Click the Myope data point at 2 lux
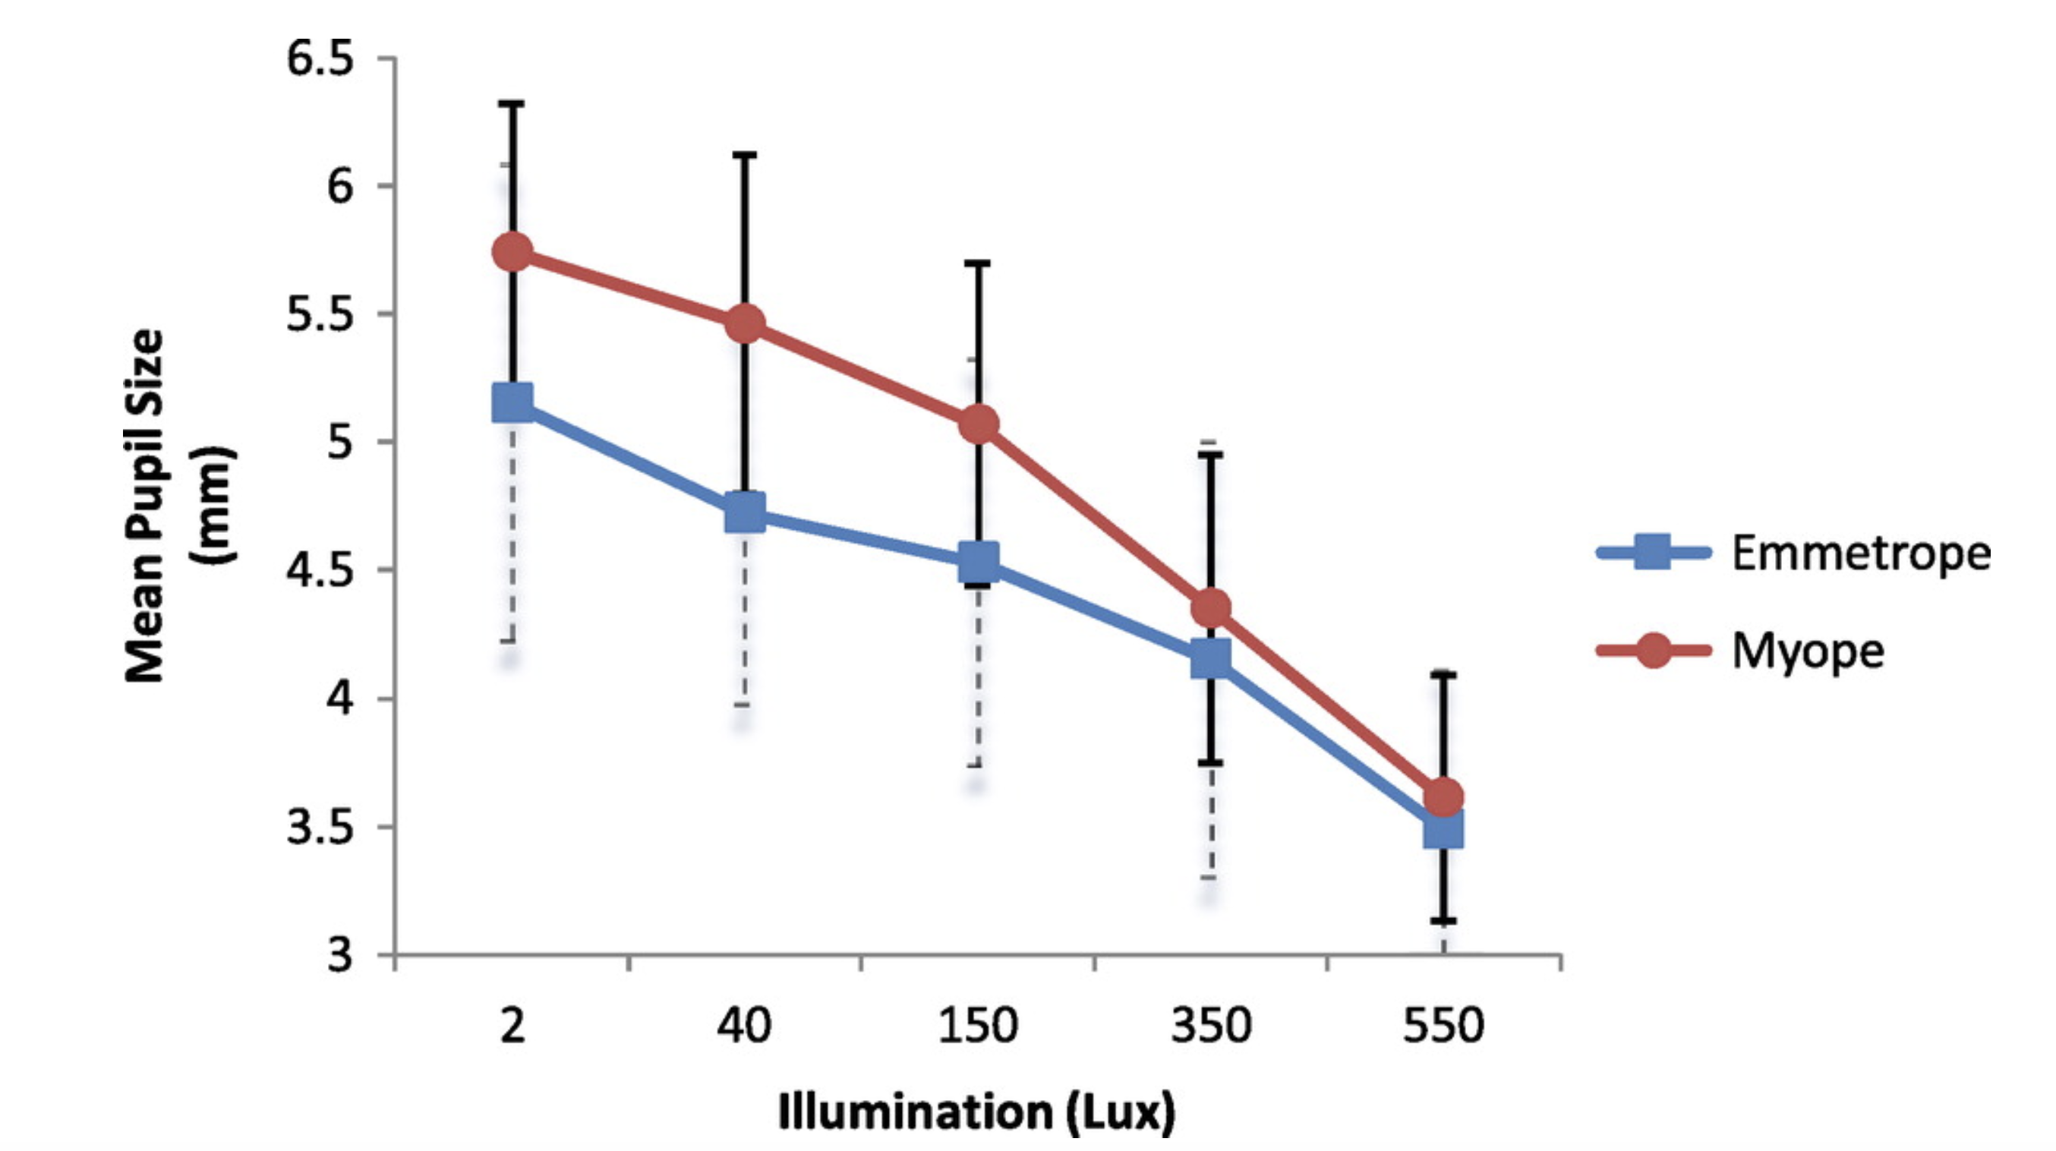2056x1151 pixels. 512,253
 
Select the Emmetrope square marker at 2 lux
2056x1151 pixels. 512,402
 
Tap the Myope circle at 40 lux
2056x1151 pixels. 745,323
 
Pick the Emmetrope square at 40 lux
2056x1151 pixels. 745,512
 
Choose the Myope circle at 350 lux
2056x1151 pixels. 1211,608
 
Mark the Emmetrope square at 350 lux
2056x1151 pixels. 1210,657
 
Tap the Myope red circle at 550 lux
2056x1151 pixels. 1444,796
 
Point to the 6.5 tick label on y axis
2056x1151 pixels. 319,59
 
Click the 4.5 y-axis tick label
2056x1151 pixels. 319,570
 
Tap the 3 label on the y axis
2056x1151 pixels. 340,954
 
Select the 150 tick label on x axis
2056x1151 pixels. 978,1026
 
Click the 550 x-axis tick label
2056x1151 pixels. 1443,1026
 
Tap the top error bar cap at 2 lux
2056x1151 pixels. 512,104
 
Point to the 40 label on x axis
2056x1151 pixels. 744,1026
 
